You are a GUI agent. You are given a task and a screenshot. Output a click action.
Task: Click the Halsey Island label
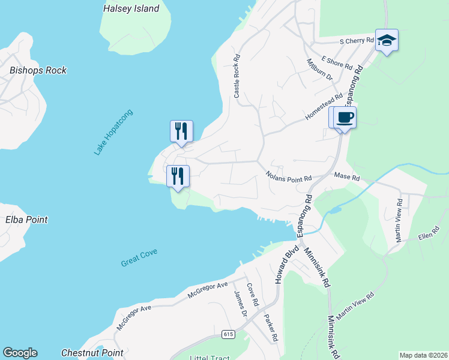pyautogui.click(x=131, y=8)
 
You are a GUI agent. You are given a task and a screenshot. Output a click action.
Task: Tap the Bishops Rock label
pyautogui.click(x=38, y=70)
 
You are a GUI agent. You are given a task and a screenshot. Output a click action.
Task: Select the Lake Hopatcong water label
pyautogui.click(x=113, y=132)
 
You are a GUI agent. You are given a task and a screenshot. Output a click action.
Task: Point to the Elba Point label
pyautogui.click(x=27, y=220)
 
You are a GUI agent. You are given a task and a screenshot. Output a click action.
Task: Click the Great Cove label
pyautogui.click(x=139, y=257)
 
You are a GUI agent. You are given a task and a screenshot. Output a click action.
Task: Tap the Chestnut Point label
pyautogui.click(x=92, y=353)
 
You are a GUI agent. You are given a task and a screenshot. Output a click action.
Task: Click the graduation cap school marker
pyautogui.click(x=387, y=40)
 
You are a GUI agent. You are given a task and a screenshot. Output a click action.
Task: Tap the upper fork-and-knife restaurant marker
pyautogui.click(x=181, y=131)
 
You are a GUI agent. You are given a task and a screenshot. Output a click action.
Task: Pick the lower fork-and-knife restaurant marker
pyautogui.click(x=178, y=176)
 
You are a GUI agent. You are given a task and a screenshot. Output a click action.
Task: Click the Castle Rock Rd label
pyautogui.click(x=237, y=77)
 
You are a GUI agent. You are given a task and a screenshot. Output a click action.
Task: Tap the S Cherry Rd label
pyautogui.click(x=357, y=41)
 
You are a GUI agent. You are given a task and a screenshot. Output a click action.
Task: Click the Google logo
pyautogui.click(x=20, y=353)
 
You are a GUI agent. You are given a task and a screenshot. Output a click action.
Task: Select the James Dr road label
pyautogui.click(x=241, y=304)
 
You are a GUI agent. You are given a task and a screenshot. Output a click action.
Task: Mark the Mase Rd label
pyautogui.click(x=347, y=178)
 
